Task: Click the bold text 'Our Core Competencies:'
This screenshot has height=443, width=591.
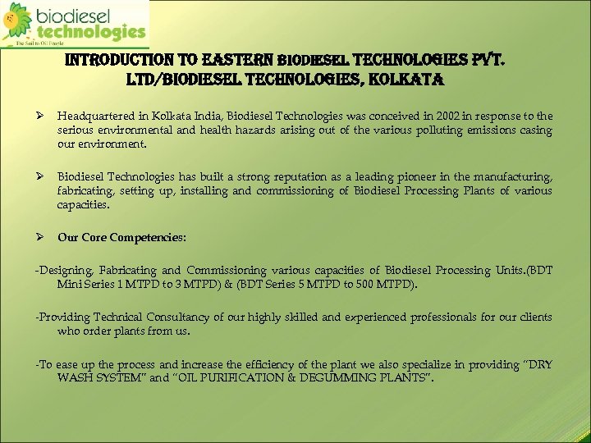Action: (x=122, y=237)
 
